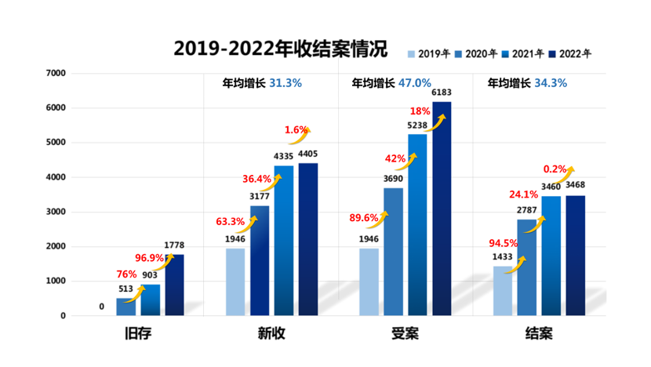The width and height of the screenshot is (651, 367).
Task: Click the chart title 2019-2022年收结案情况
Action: point(280,49)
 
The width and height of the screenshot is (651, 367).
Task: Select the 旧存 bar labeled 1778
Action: point(174,285)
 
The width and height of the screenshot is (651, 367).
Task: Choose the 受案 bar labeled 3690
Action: point(393,252)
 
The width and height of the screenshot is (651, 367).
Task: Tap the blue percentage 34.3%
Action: point(551,82)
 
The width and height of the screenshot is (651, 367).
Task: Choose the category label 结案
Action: point(538,334)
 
